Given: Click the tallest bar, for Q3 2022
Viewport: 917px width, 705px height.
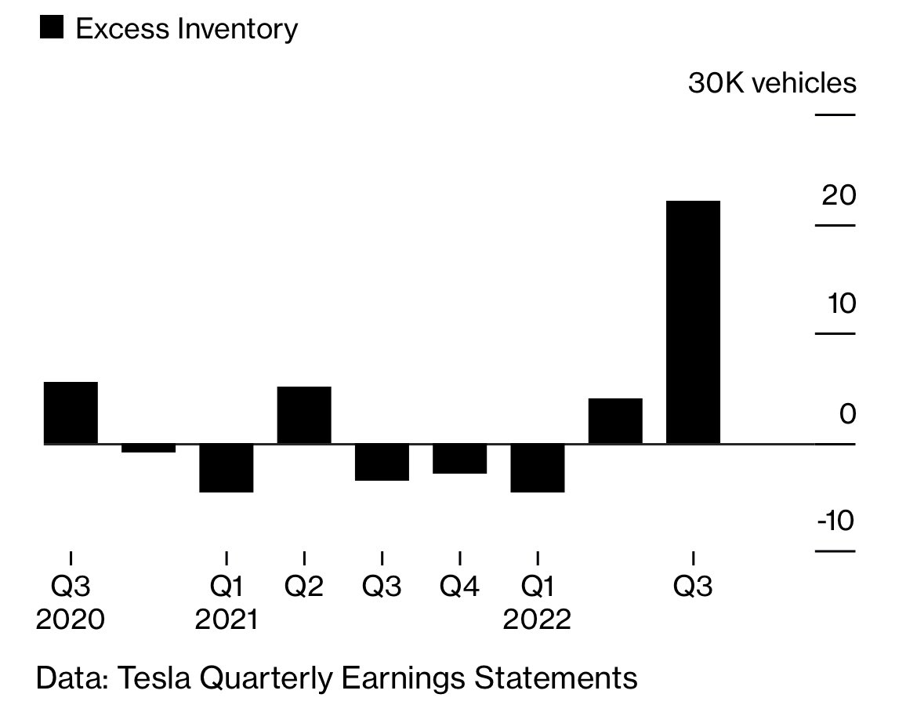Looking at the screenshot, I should pos(693,322).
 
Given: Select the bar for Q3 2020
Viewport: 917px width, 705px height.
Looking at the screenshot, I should pos(71,412).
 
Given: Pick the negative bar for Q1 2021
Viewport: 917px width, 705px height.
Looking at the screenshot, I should pos(226,468).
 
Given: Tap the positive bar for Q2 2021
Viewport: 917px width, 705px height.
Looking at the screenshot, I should pos(304,415).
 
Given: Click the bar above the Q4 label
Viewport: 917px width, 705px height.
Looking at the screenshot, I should pos(459,459).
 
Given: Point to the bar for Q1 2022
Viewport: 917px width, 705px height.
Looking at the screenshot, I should pos(538,468).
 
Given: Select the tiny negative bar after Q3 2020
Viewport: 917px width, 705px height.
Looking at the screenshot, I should pos(148,448).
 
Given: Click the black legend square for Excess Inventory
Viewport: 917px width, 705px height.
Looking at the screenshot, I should pos(51,28).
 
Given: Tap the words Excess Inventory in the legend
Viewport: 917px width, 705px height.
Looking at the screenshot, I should pos(187,29).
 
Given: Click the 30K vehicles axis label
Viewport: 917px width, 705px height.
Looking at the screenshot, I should pos(772,82).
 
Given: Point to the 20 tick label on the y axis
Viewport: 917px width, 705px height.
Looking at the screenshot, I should pos(839,195).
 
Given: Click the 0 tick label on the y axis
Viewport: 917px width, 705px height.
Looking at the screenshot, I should pos(847,413).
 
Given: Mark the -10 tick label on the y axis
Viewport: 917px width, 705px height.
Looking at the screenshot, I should pos(835,521).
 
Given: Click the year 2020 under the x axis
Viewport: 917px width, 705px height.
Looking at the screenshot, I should pos(71,620).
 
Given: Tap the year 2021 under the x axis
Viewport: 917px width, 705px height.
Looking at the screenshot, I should pos(226,620).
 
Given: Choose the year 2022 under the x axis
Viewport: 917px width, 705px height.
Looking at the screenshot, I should pos(538,620).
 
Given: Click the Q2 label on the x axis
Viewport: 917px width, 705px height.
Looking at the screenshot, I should pos(304,587).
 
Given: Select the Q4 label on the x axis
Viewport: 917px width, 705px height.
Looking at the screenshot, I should pos(459,587).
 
